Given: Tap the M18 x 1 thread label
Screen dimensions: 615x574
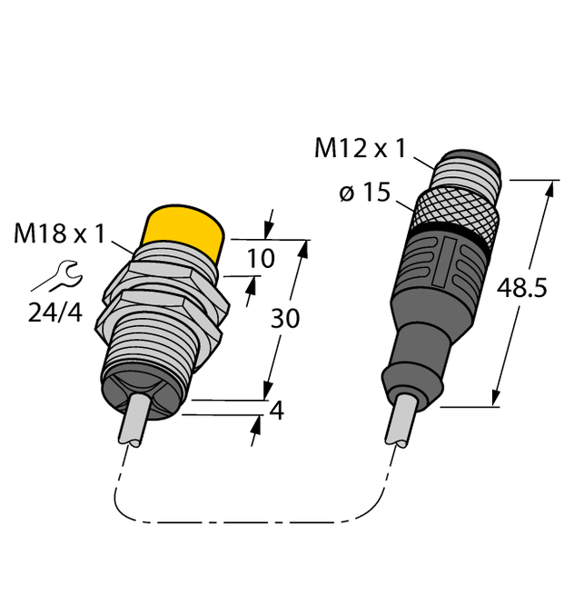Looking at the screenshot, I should [x=59, y=235].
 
